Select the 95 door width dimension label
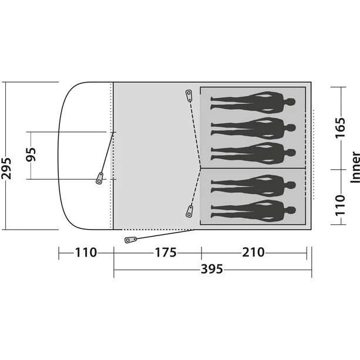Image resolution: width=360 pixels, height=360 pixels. pyautogui.click(x=31, y=154)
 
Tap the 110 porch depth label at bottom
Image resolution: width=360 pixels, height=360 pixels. pyautogui.click(x=86, y=253)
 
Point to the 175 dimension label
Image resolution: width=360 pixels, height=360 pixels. pyautogui.click(x=166, y=253)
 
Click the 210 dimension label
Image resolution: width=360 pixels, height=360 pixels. pyautogui.click(x=253, y=253)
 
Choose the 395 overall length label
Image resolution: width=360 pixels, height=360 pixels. pyautogui.click(x=211, y=269)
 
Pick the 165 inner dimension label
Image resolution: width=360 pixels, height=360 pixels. pyautogui.click(x=340, y=127)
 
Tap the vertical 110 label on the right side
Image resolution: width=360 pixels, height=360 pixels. pyautogui.click(x=340, y=206)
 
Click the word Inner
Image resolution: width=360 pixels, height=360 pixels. pyautogui.click(x=355, y=167)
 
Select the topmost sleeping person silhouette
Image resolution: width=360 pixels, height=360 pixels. pyautogui.click(x=253, y=102)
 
